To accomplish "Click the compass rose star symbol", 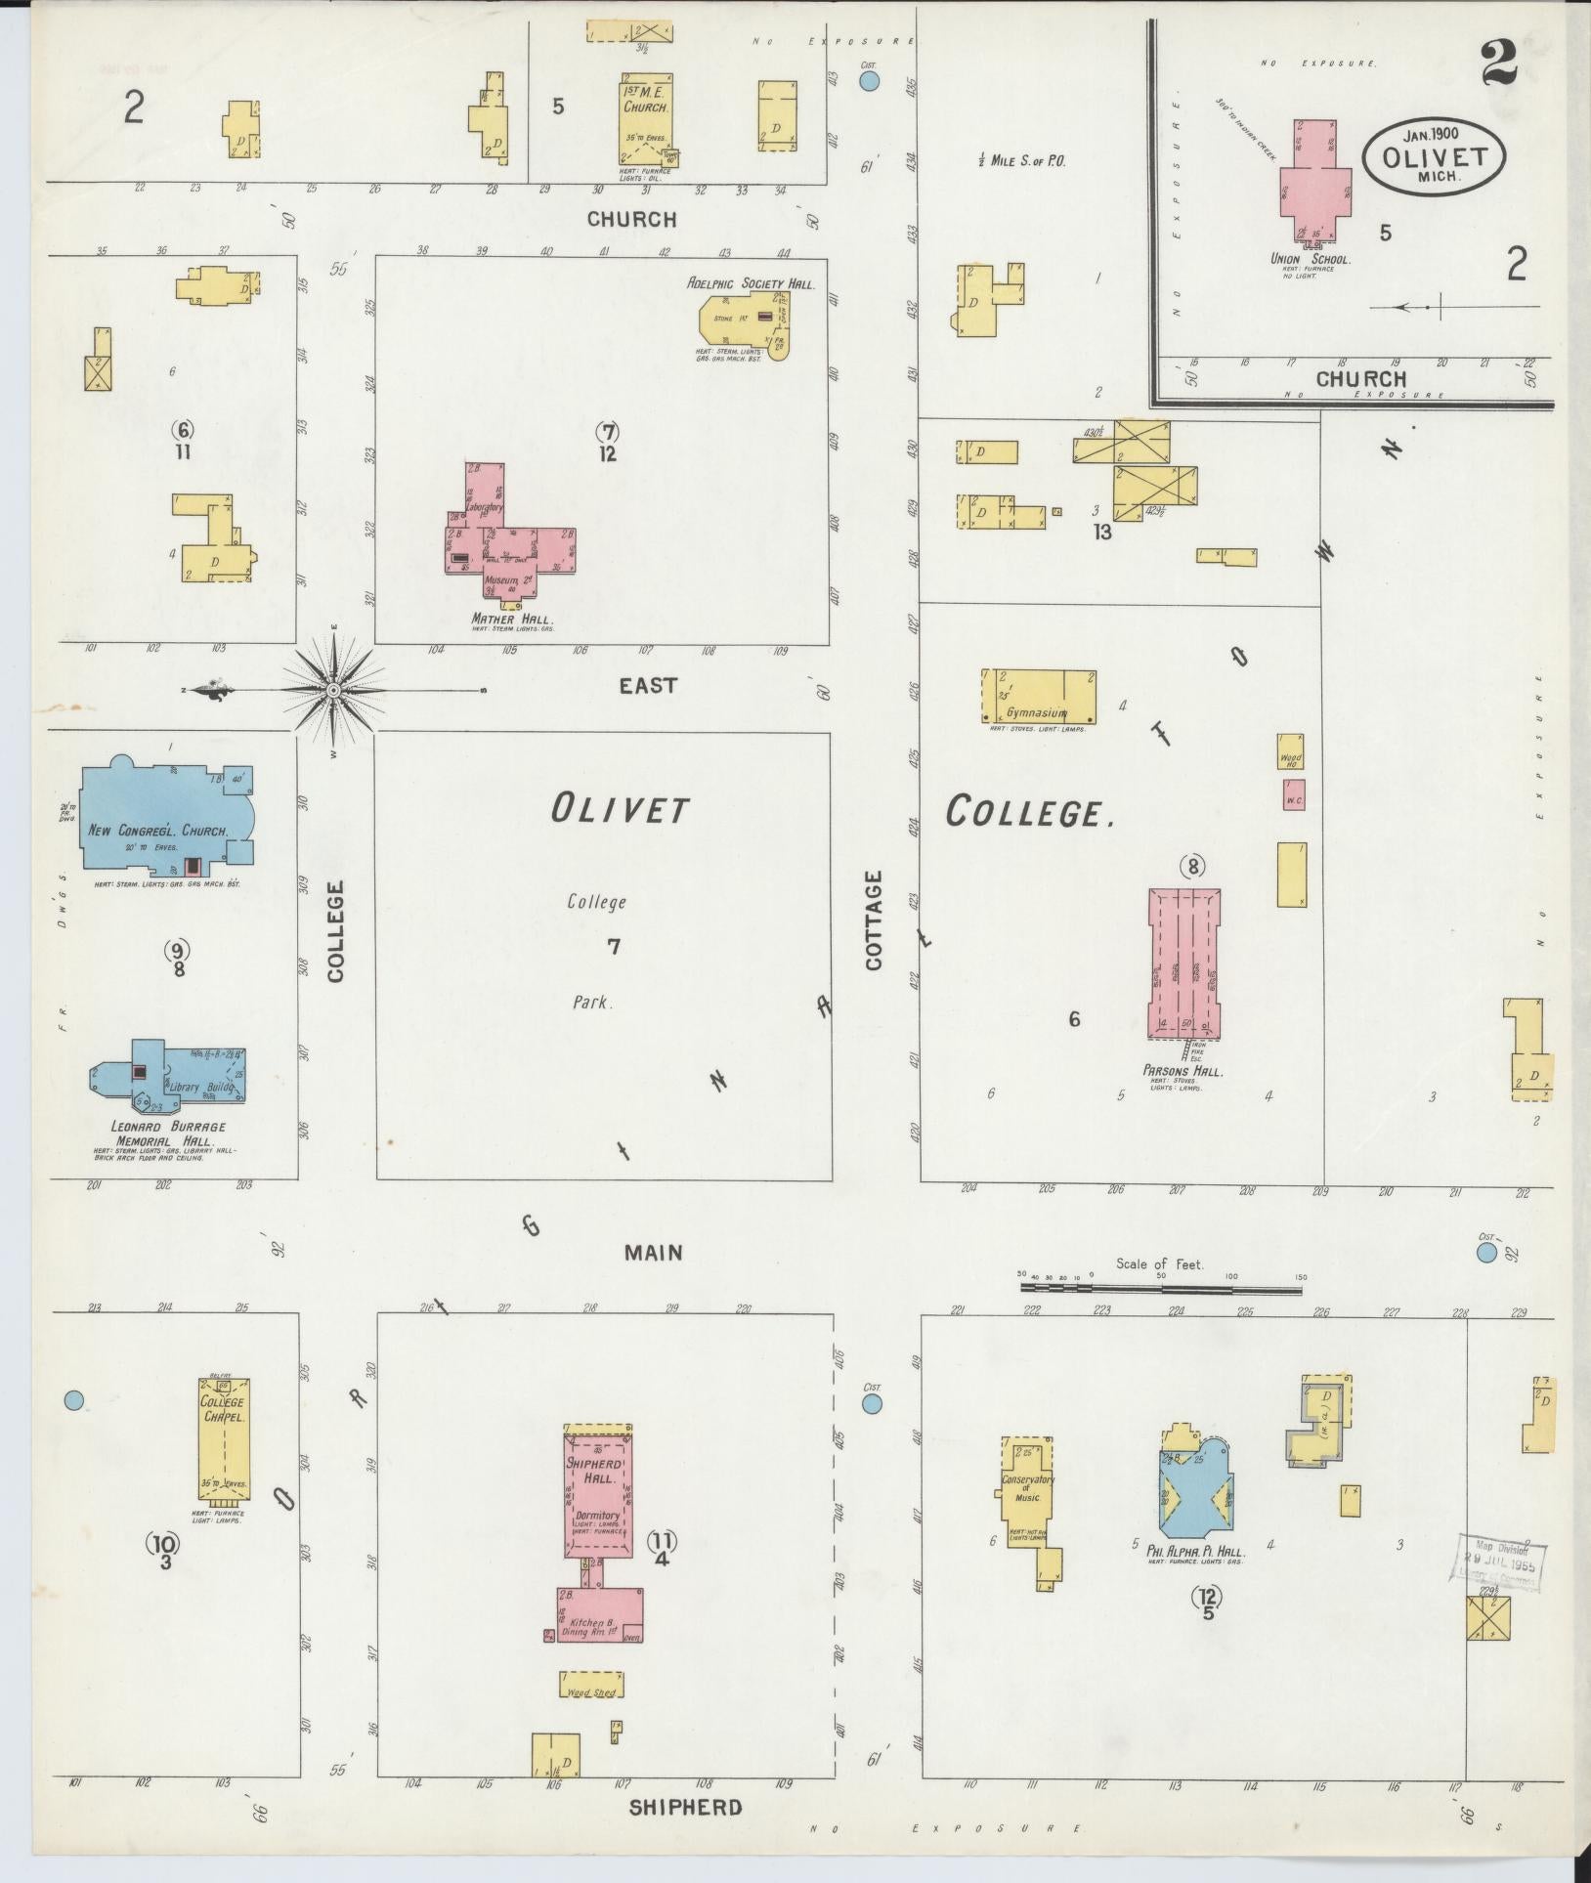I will [x=333, y=691].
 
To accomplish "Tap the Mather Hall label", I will [x=512, y=619].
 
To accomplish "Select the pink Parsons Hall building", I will [x=1183, y=962].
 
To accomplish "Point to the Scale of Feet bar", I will [x=1161, y=1289].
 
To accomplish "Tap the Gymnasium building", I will [x=1038, y=697].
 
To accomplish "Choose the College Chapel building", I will [x=224, y=1440].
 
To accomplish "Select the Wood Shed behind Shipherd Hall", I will [x=591, y=1684].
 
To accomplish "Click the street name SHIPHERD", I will [x=685, y=1807].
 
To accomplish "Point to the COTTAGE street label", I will [x=873, y=920].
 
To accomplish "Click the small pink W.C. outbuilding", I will [x=1294, y=794].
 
